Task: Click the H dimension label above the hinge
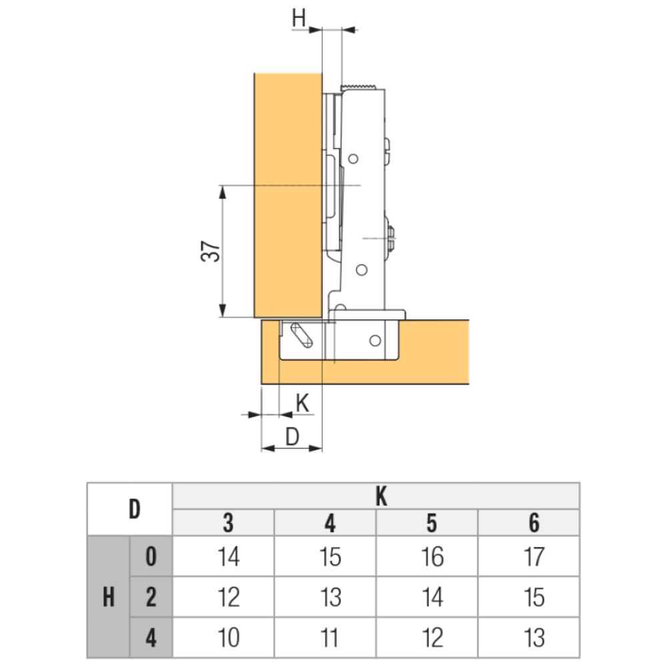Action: [299, 18]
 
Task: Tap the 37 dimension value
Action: [211, 251]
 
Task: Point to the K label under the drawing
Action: [302, 403]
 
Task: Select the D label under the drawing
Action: [292, 436]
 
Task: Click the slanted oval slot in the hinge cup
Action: [301, 336]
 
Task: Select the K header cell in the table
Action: [376, 496]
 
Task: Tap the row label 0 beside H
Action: [151, 556]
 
